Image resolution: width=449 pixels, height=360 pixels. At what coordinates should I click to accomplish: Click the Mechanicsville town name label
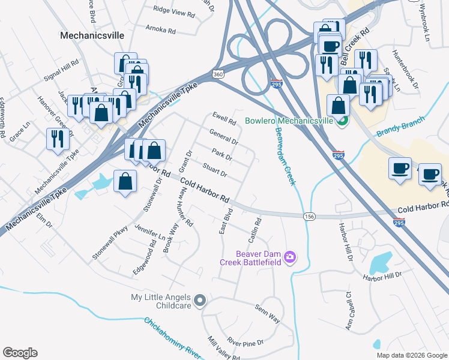coord(92,35)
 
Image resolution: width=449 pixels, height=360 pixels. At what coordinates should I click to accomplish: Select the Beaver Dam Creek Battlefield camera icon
coord(290,257)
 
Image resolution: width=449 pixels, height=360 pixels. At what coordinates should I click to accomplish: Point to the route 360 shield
coord(218,74)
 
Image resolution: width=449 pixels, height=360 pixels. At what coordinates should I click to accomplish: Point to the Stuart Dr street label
coord(214,170)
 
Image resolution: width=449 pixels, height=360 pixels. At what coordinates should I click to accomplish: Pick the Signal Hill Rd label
coord(61,71)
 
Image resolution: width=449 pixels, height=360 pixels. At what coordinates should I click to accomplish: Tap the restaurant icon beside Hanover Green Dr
coord(57,140)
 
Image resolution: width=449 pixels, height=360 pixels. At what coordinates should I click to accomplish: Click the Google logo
coord(20,353)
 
